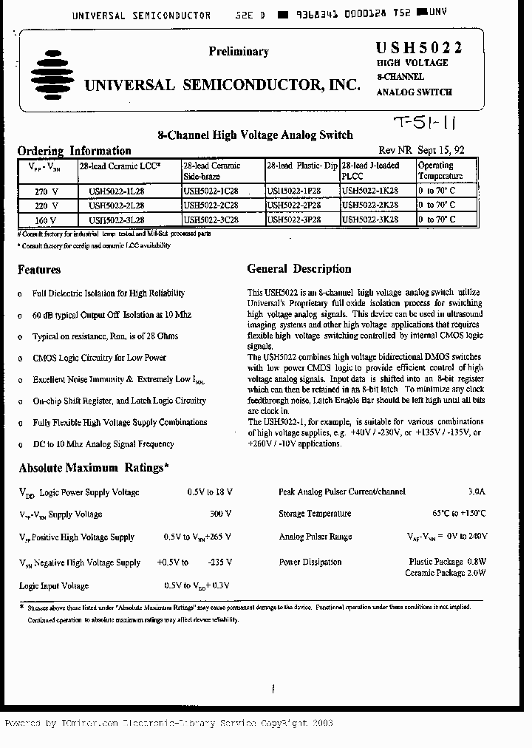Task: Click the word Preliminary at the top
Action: tap(238, 51)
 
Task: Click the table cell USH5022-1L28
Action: tap(117, 190)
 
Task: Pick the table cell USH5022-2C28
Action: tap(211, 205)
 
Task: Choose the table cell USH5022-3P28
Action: tap(294, 220)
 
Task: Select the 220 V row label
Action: tap(46, 205)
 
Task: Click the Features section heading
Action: tap(39, 270)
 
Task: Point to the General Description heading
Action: tap(299, 269)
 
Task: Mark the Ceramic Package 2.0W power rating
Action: tap(445, 573)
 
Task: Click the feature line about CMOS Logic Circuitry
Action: tap(99, 358)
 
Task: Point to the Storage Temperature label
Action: tap(315, 514)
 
